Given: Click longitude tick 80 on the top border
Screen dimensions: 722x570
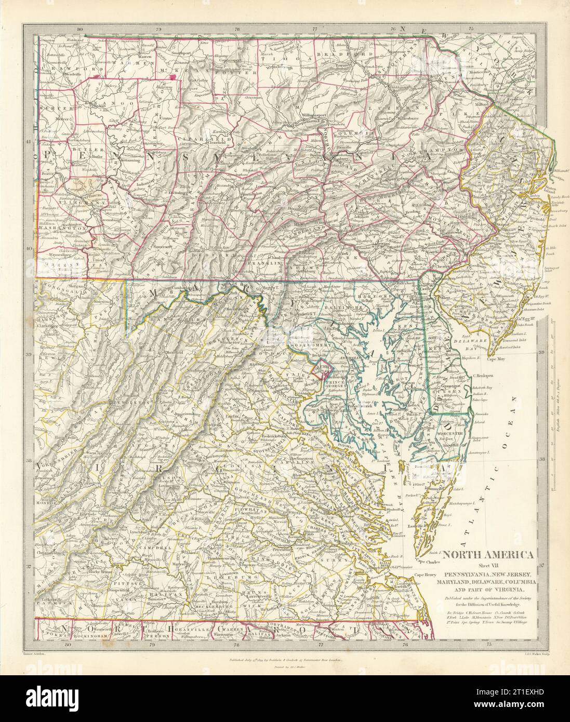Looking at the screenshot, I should click(x=79, y=30).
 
